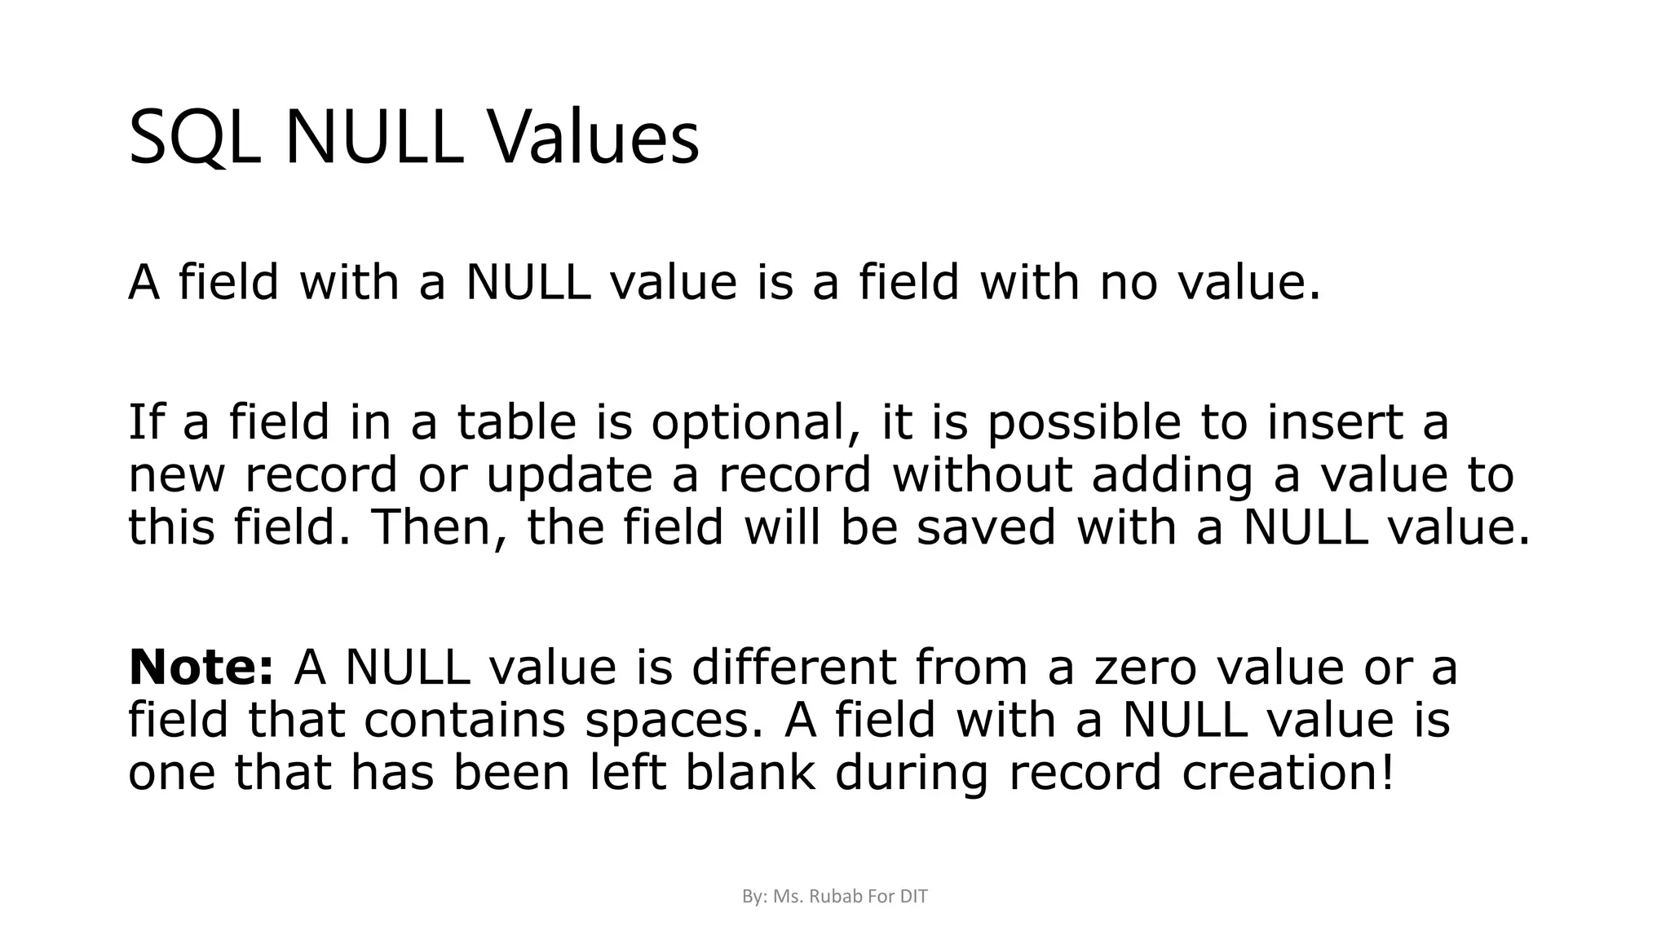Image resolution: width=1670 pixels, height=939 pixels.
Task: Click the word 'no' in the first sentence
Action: pyautogui.click(x=1129, y=282)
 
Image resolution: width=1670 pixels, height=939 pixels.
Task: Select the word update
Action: pyautogui.click(x=569, y=476)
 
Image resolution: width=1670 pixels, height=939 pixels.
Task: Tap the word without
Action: pyautogui.click(x=982, y=474)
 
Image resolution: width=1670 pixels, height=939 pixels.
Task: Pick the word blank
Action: pyautogui.click(x=749, y=771)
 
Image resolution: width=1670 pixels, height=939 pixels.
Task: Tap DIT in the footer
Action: pyautogui.click(x=913, y=897)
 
